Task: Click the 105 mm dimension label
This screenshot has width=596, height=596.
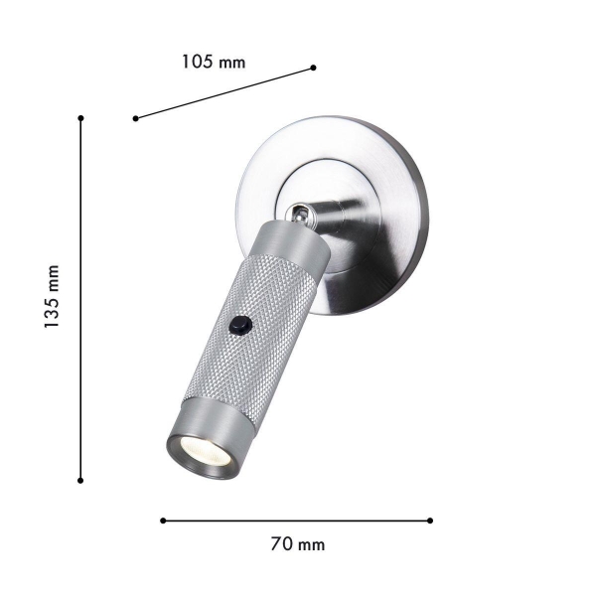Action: (x=213, y=62)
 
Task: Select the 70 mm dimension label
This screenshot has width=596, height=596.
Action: (x=297, y=544)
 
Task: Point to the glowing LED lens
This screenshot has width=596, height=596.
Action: (x=204, y=452)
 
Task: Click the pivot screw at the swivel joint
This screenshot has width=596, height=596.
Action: (x=297, y=212)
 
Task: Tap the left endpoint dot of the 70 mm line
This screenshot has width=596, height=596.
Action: (x=162, y=520)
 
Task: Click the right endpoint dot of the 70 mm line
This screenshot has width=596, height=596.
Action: (x=431, y=520)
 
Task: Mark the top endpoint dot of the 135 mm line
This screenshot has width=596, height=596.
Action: (x=80, y=118)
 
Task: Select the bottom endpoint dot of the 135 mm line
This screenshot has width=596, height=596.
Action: (x=80, y=481)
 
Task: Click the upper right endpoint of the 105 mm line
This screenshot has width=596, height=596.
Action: (x=313, y=68)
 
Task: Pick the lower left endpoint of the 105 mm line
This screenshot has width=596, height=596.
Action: (x=135, y=119)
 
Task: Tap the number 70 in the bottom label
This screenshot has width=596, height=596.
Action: (x=281, y=544)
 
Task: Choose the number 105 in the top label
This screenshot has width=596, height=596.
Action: (x=198, y=62)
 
